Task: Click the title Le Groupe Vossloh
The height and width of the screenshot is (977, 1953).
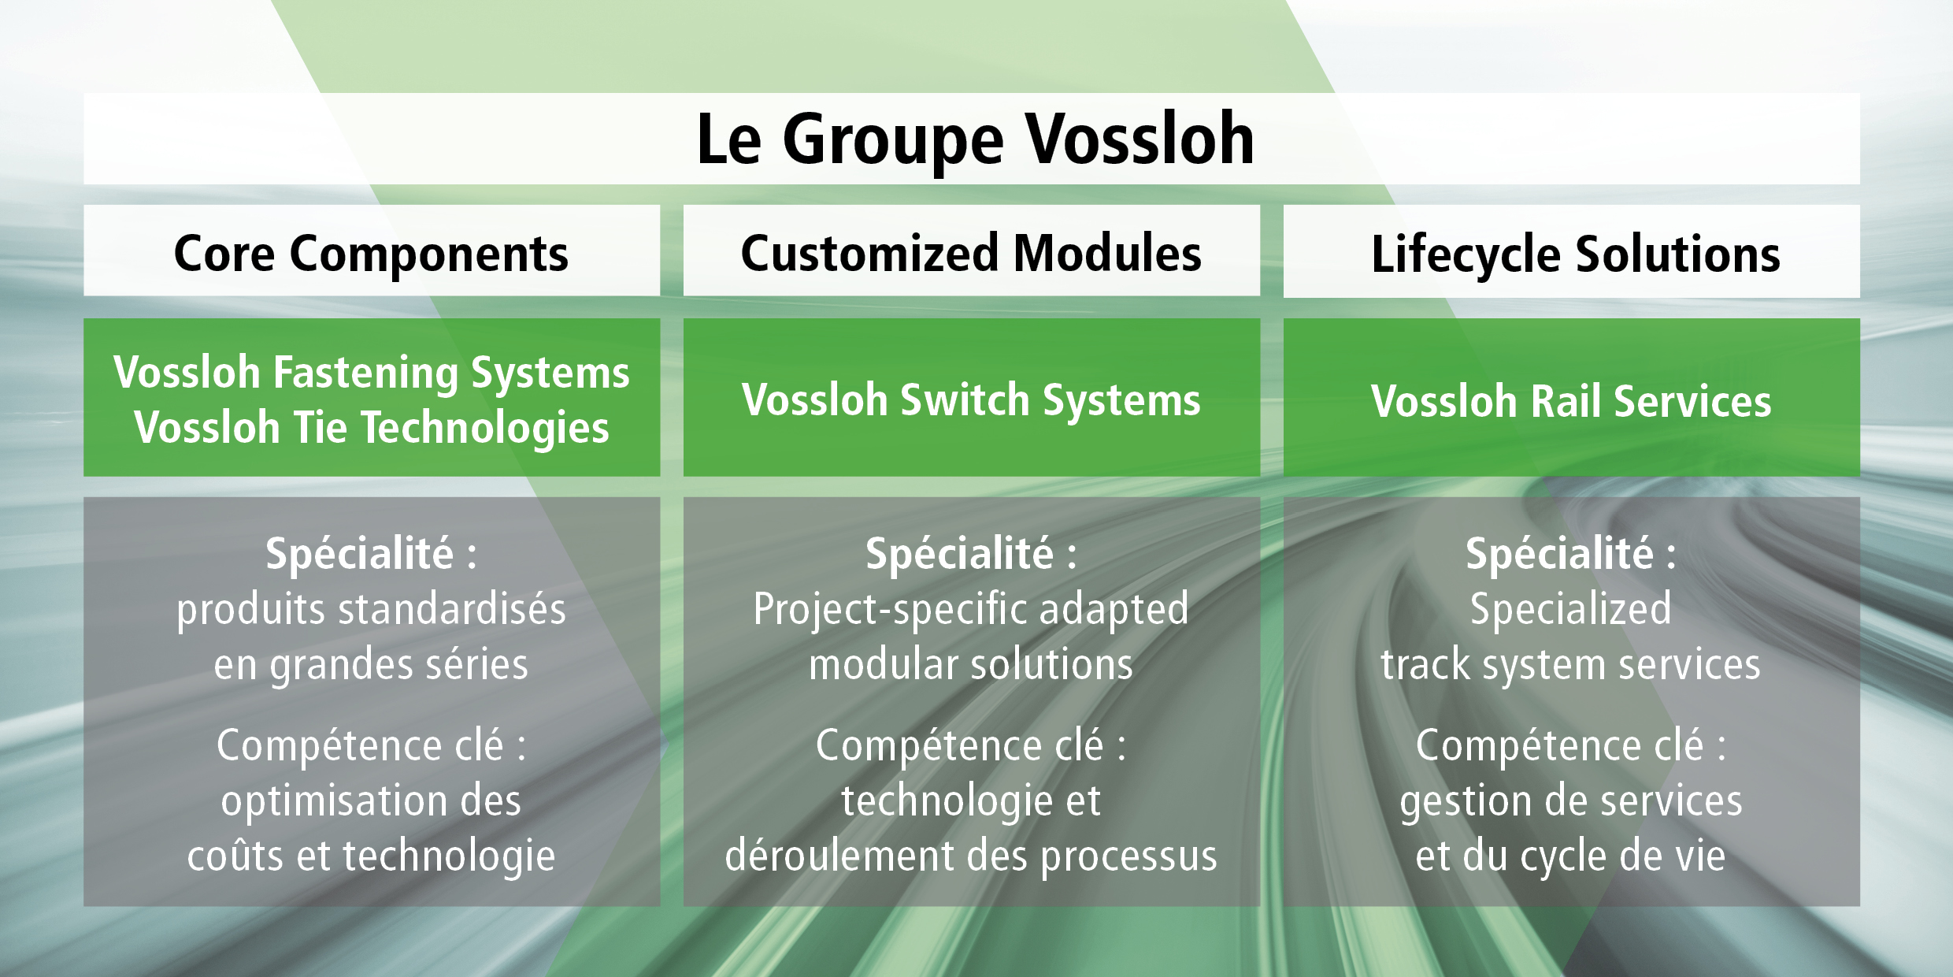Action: (975, 139)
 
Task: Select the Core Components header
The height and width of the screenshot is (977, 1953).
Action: (371, 254)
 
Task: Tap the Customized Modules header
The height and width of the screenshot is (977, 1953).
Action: (971, 254)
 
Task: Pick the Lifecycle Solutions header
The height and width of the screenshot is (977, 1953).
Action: (1575, 254)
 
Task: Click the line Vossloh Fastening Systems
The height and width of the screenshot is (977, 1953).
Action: (371, 372)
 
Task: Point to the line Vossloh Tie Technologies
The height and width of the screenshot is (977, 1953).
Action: (371, 428)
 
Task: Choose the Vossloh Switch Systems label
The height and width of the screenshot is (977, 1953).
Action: (971, 399)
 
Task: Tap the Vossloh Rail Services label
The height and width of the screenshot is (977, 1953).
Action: (1571, 401)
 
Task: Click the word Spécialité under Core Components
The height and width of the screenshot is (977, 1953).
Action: (360, 553)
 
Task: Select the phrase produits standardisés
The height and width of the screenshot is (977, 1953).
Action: (371, 609)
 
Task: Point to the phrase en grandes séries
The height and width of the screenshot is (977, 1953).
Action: (371, 664)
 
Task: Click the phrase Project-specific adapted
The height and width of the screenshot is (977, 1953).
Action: (971, 609)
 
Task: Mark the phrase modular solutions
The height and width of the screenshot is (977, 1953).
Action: (971, 664)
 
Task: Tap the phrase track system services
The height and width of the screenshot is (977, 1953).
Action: (1570, 664)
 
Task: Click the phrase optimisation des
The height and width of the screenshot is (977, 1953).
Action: (371, 801)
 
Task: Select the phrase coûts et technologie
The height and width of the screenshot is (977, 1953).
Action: (371, 856)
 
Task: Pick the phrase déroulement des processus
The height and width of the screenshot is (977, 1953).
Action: (971, 856)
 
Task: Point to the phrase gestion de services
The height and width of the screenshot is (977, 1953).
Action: (1570, 801)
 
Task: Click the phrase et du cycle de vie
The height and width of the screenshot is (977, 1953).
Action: (1570, 856)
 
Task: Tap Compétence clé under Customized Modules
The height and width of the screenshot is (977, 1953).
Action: (959, 745)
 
